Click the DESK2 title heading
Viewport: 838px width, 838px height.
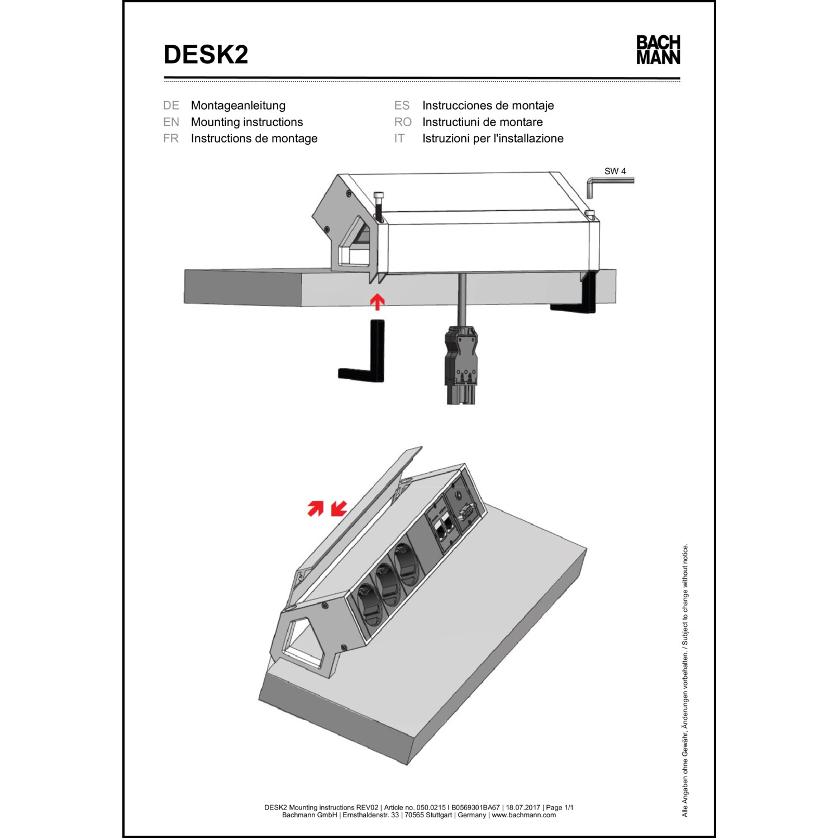[206, 55]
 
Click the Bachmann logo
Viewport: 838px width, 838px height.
[658, 50]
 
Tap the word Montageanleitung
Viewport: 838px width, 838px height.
[238, 106]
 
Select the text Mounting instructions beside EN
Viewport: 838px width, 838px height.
[247, 122]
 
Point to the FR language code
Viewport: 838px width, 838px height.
[171, 139]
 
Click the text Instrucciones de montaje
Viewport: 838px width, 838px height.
[488, 106]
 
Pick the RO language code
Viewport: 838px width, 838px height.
[402, 122]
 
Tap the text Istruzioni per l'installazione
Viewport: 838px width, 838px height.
[493, 139]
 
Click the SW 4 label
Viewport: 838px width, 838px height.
[615, 172]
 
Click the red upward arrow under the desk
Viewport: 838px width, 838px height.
[378, 302]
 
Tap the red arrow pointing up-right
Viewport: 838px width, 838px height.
[316, 508]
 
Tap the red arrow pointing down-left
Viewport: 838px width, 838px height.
[339, 508]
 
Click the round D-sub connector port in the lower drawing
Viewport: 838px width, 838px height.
[466, 511]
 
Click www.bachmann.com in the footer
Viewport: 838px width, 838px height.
[523, 815]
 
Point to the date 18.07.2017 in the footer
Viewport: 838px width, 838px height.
[523, 807]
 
